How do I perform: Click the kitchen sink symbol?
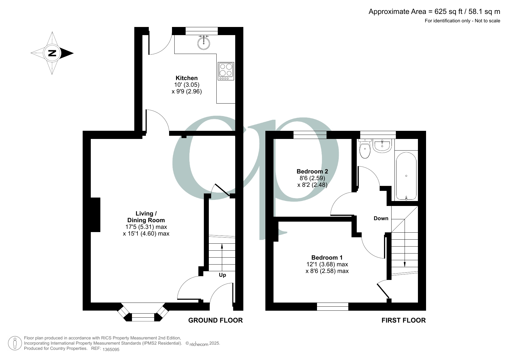[x=204, y=43]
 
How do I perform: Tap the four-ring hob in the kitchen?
[x=226, y=71]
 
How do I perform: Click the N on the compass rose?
[x=52, y=53]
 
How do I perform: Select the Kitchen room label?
[x=186, y=78]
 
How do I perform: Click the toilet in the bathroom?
[x=365, y=150]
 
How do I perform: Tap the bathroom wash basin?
[x=383, y=146]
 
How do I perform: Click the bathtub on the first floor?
[x=406, y=176]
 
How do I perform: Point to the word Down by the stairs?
[x=381, y=218]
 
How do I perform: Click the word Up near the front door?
[x=222, y=275]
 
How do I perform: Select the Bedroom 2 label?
[x=312, y=171]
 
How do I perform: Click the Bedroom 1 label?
[x=327, y=258]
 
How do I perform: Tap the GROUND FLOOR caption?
[x=215, y=320]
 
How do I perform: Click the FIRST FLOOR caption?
[x=403, y=320]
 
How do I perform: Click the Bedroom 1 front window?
[x=332, y=306]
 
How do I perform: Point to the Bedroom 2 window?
[x=310, y=135]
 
